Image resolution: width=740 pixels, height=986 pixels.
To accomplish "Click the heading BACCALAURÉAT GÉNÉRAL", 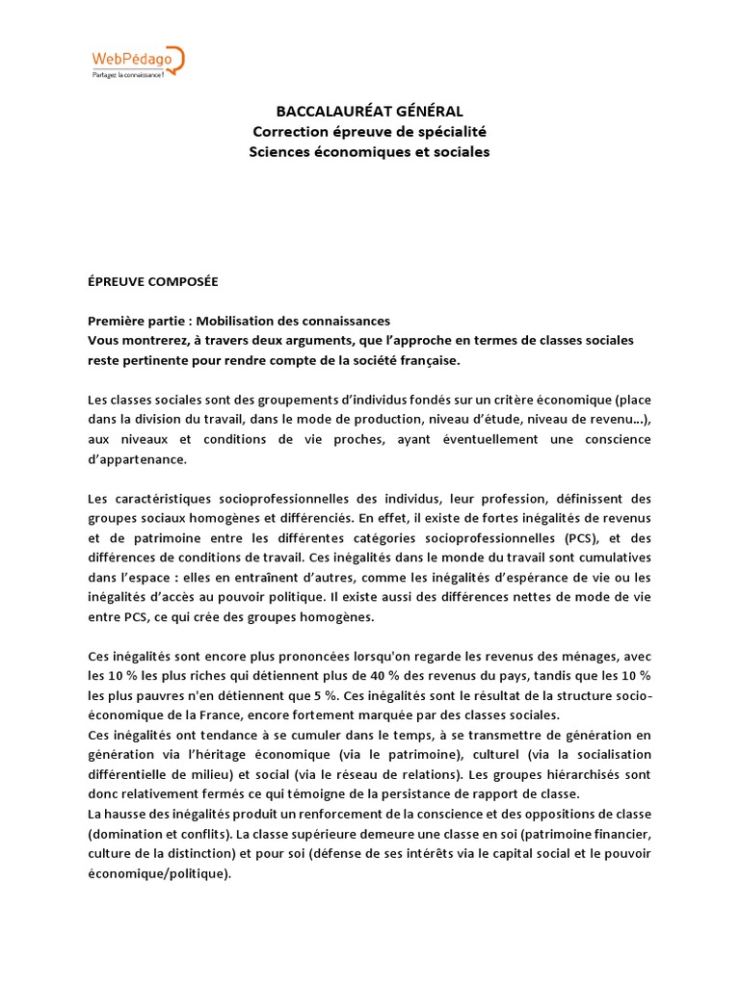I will [370, 112].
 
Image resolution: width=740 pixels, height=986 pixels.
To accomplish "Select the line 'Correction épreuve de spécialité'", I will [370, 132].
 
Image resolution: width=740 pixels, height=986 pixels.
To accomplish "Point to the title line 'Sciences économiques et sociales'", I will [370, 152].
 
